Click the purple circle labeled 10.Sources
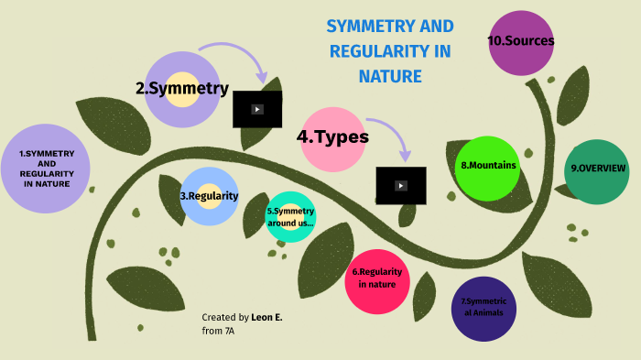[521, 42]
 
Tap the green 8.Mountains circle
[488, 168]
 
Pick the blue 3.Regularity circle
[210, 196]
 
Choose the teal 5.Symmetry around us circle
[290, 217]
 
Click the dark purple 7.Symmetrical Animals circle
[484, 309]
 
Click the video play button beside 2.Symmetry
[257, 109]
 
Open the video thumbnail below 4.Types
[401, 185]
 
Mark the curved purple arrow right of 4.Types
[390, 133]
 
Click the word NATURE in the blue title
[390, 77]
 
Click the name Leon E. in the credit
[266, 317]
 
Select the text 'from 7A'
[219, 331]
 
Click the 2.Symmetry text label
[182, 89]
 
